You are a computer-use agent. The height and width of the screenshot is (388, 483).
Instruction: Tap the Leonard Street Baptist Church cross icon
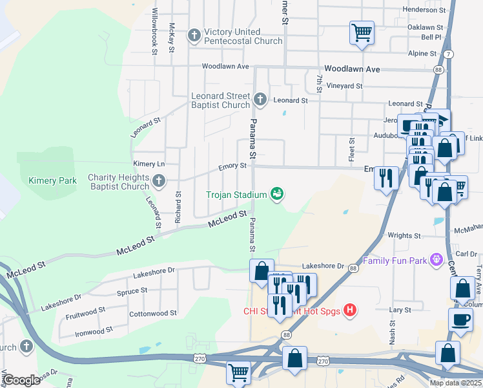tap(260, 100)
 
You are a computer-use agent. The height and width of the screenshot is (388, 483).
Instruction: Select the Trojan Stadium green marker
tap(278, 194)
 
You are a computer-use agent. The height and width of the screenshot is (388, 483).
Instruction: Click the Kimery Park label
tap(52, 181)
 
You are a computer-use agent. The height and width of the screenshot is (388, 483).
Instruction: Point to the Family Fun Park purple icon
tap(437, 260)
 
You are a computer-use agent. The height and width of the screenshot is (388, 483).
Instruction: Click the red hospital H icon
tap(350, 310)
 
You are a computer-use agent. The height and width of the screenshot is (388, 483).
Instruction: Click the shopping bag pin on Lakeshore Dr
tap(262, 271)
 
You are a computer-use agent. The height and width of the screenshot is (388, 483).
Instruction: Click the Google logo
tap(22, 380)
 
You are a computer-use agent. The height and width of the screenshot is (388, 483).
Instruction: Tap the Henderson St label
tap(424, 10)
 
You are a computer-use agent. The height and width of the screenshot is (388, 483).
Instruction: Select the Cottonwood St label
tap(153, 313)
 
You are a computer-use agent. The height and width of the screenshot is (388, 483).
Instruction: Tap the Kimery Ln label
tap(149, 164)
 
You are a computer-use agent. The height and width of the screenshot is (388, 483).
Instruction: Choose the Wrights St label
tap(404, 236)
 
